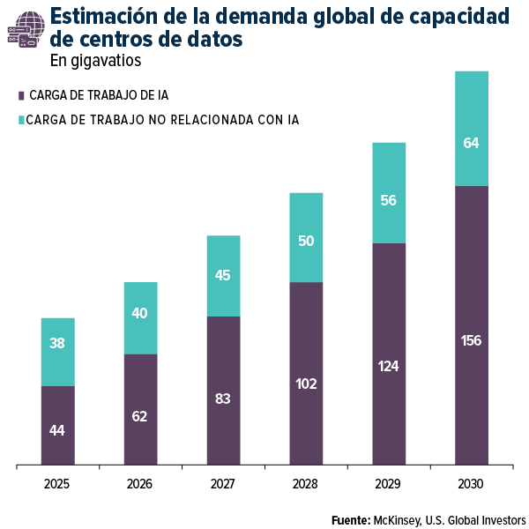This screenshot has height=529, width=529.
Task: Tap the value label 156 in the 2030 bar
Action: click(x=471, y=340)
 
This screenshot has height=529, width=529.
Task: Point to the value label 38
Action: click(x=57, y=344)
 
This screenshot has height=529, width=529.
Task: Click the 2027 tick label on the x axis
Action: click(x=222, y=484)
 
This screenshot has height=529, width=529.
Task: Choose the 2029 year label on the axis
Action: click(x=388, y=484)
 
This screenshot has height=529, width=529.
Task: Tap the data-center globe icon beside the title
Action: click(x=24, y=29)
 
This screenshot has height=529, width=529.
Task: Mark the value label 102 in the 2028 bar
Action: click(x=305, y=384)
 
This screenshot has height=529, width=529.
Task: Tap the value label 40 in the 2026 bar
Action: click(x=139, y=313)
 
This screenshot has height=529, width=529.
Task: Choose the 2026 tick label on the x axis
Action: click(x=139, y=484)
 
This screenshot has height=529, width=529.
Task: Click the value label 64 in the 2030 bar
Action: click(x=471, y=143)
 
